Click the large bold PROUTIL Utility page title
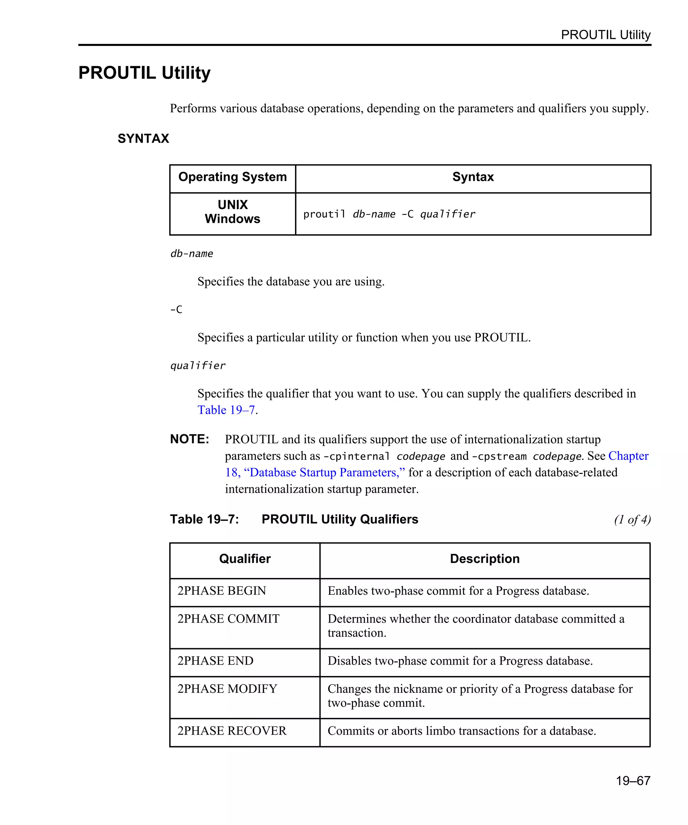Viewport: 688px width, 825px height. tap(144, 73)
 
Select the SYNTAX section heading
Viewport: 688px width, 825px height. tap(143, 139)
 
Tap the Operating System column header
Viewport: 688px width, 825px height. tap(232, 177)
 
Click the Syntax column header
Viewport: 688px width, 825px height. tap(473, 177)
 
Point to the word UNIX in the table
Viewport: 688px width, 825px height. tap(233, 205)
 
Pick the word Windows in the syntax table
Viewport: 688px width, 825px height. tap(232, 219)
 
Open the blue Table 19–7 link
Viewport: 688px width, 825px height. tap(226, 410)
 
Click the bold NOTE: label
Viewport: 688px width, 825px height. tap(189, 439)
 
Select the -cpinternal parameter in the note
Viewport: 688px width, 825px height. tap(356, 456)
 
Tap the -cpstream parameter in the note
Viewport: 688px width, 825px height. tap(499, 456)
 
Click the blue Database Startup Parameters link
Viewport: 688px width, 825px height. tap(324, 472)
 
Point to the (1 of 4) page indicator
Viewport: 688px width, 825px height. tap(632, 520)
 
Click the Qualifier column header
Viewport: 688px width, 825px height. tap(245, 559)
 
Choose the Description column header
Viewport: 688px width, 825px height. tap(484, 559)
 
